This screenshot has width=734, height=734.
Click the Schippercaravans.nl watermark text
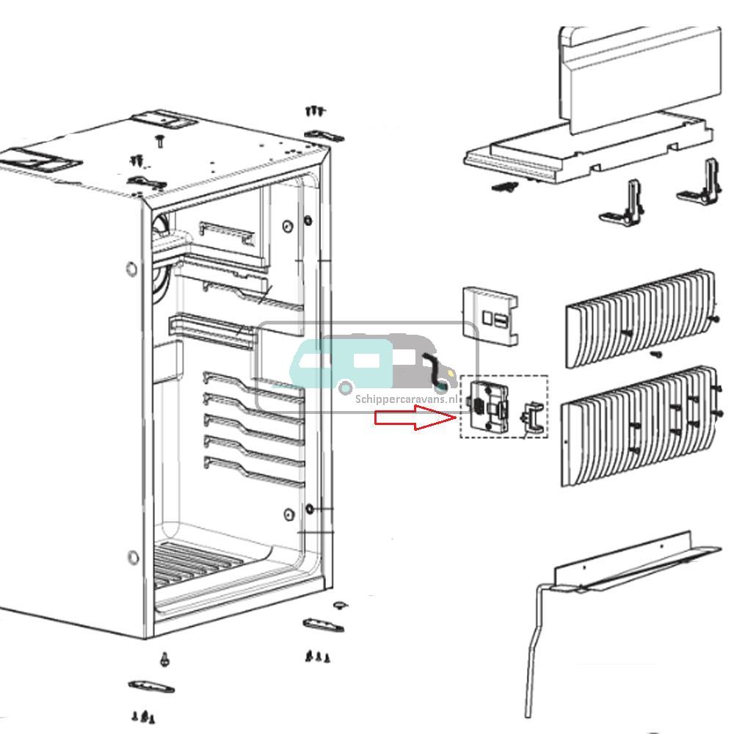point(405,399)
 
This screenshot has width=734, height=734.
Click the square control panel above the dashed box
point(490,316)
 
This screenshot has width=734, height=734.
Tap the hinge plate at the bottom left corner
point(151,687)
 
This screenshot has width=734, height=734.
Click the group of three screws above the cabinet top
point(314,111)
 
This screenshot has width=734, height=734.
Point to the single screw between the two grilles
point(655,354)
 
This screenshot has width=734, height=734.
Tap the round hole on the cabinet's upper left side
point(132,269)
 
